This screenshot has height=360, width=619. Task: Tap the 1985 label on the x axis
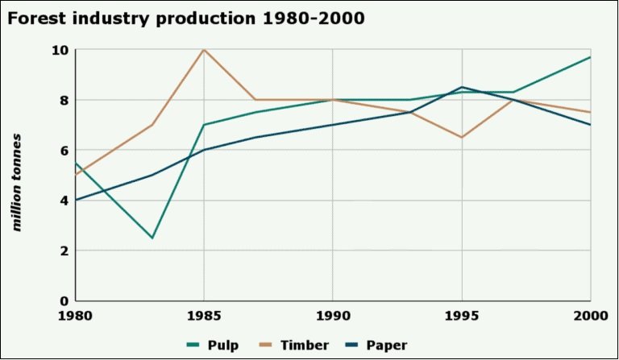pyautogui.click(x=204, y=315)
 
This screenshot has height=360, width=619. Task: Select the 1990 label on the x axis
pyautogui.click(x=332, y=315)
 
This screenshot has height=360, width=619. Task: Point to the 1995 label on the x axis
pyautogui.click(x=461, y=315)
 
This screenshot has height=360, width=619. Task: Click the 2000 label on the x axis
pyautogui.click(x=588, y=315)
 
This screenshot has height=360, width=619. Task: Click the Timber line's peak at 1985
pyautogui.click(x=204, y=50)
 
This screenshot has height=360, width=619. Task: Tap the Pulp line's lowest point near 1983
pyautogui.click(x=152, y=238)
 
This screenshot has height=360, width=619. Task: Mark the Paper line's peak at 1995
pyautogui.click(x=461, y=87)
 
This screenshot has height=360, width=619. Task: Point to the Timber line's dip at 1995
pyautogui.click(x=461, y=138)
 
